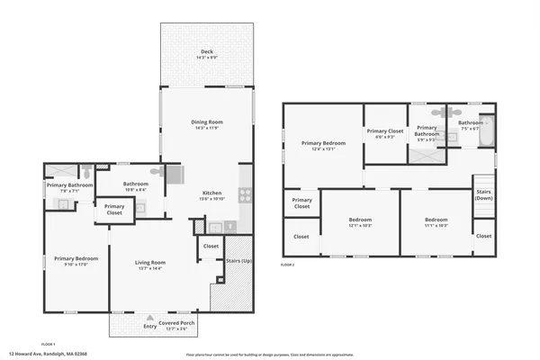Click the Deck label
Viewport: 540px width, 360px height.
[x=207, y=52]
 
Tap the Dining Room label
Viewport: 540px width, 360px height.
[x=207, y=121]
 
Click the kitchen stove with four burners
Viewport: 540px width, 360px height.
[x=244, y=194]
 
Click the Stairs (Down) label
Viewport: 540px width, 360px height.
[x=484, y=195]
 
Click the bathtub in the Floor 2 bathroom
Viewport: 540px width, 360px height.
[x=487, y=133]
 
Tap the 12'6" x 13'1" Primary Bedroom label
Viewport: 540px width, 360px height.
[x=323, y=144]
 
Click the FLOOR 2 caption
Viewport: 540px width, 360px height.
[x=288, y=265]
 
